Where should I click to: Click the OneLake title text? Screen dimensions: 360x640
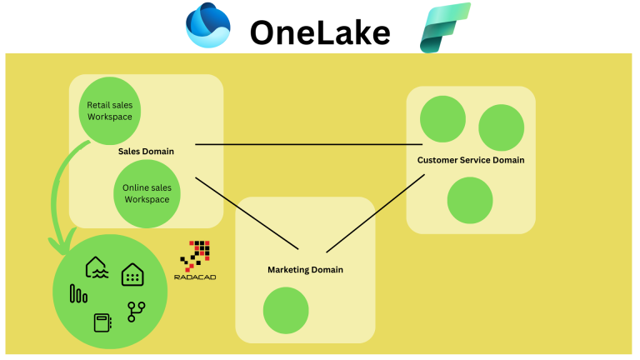coord(320,32)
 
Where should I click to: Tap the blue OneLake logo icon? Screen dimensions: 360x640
coord(207,26)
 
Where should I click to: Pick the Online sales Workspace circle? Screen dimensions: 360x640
coord(146,193)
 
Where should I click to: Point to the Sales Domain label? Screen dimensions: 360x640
coord(146,152)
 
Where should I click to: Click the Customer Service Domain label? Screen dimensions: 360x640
coord(471,160)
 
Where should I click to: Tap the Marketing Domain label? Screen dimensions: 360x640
coord(305,270)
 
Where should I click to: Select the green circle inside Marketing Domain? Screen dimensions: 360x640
coord(287,310)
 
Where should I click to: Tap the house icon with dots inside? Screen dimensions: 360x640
coord(132,274)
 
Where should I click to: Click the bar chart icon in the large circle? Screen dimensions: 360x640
coord(78,293)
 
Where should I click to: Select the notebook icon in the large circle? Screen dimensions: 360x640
coord(102,322)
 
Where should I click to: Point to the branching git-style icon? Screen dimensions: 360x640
coord(135,312)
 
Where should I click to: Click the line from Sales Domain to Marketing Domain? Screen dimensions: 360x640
coord(246,212)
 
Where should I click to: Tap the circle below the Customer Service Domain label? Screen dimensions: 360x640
coord(470,200)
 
